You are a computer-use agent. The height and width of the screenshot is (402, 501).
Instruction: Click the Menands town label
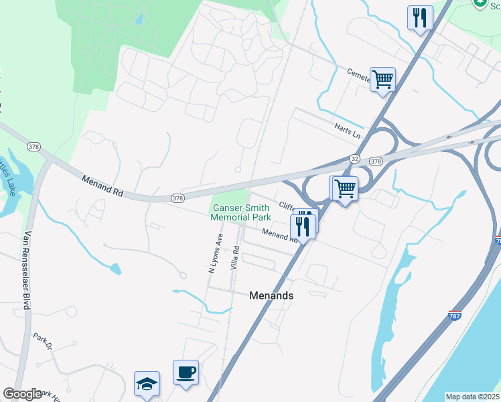[271, 295]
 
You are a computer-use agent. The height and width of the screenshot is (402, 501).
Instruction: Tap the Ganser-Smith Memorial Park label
[240, 212]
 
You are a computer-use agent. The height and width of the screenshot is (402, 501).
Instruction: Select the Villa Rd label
[235, 257]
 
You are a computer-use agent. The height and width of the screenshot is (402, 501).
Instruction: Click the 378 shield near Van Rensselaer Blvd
[33, 145]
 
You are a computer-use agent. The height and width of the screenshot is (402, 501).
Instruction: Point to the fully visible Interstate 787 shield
[454, 316]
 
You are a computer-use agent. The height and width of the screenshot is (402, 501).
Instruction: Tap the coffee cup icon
[186, 372]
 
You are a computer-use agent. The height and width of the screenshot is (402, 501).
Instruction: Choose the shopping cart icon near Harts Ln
[382, 79]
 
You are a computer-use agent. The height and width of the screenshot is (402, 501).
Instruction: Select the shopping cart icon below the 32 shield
[345, 188]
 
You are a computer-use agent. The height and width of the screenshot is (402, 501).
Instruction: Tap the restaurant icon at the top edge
[420, 17]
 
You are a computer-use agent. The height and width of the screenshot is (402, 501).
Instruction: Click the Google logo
[22, 394]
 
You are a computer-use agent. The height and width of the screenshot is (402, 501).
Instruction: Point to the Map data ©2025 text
[472, 397]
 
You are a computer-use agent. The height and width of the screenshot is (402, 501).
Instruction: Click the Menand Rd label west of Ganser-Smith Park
[102, 186]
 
